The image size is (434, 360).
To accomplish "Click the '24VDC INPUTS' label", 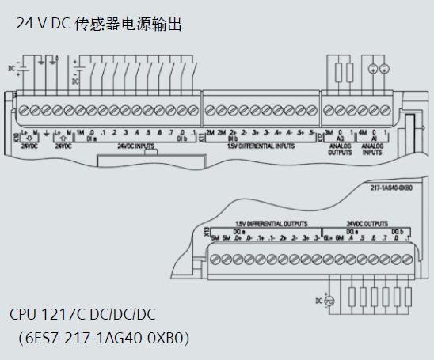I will (x=135, y=146).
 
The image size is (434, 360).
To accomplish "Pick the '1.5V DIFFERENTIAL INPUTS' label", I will (x=260, y=146).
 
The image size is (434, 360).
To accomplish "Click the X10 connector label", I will (x=16, y=137).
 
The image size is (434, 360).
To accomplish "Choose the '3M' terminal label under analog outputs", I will (x=329, y=132).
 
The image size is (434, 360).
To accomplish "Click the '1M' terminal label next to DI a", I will (x=81, y=132).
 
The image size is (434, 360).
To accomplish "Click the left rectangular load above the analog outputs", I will (x=332, y=69).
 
